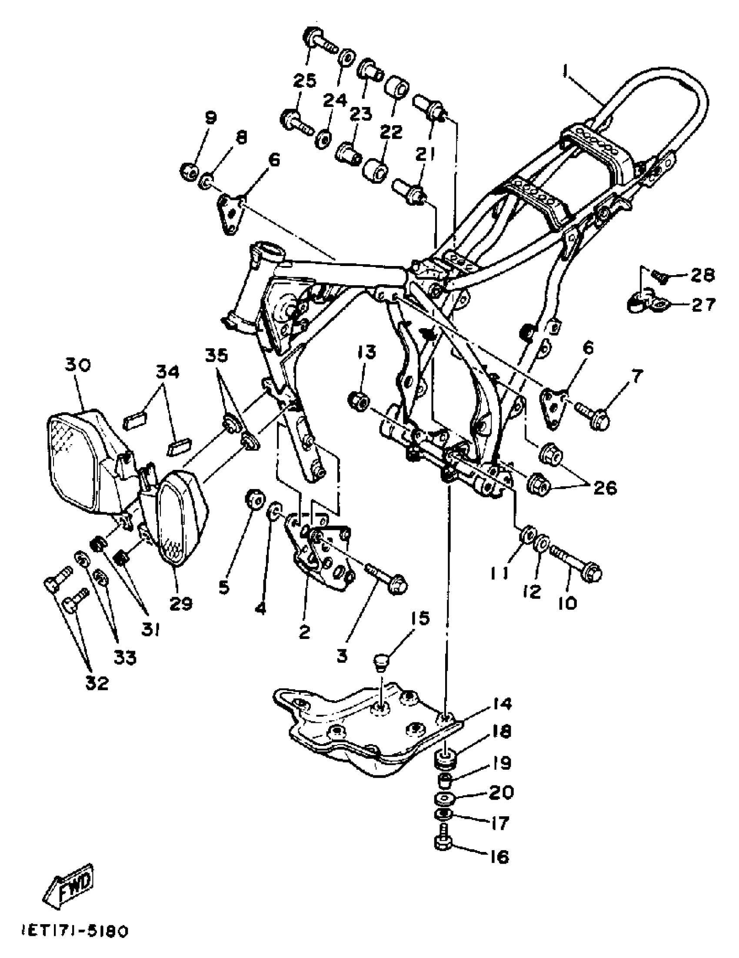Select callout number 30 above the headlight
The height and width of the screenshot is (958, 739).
click(78, 365)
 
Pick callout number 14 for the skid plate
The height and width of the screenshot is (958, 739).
click(500, 705)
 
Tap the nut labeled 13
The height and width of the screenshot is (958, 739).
click(358, 400)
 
